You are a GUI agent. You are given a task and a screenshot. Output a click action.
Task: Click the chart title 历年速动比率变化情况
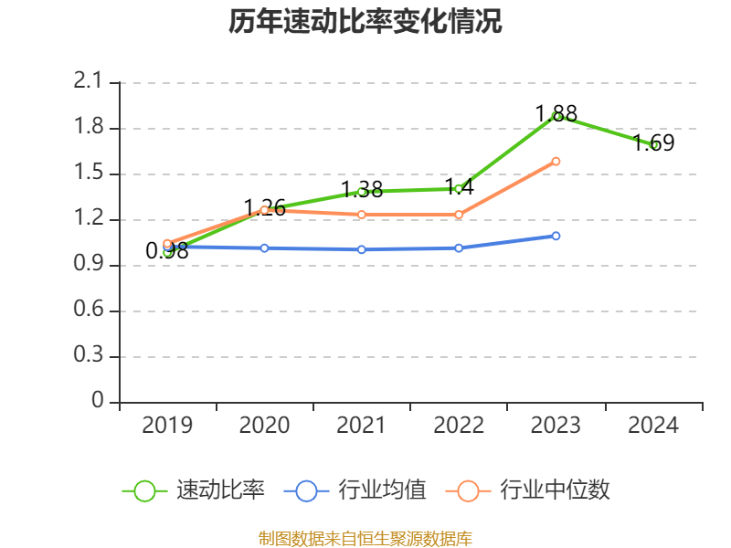365,22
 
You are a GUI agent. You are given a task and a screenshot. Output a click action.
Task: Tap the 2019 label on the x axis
167,425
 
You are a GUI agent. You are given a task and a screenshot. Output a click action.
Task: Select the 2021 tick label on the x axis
361,425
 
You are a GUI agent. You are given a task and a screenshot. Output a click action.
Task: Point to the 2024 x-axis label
653,425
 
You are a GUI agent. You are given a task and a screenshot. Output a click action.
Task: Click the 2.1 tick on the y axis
88,82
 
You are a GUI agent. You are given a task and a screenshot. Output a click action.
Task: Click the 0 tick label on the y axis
99,402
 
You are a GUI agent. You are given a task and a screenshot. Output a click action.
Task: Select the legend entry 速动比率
220,490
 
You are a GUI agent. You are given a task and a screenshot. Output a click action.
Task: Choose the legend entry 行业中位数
554,490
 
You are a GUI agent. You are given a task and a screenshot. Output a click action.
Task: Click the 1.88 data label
556,114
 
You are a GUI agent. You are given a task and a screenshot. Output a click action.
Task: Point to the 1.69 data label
653,143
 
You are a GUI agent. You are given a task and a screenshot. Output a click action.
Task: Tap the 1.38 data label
361,190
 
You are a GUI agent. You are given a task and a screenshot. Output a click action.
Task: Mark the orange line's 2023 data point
556,162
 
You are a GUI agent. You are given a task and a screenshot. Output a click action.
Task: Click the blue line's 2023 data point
556,236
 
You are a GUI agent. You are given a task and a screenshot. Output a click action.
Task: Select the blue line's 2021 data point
361,249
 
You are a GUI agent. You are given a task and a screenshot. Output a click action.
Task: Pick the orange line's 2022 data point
459,215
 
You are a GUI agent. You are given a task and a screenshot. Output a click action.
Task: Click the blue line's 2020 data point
264,248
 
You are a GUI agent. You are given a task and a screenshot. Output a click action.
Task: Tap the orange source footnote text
365,538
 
